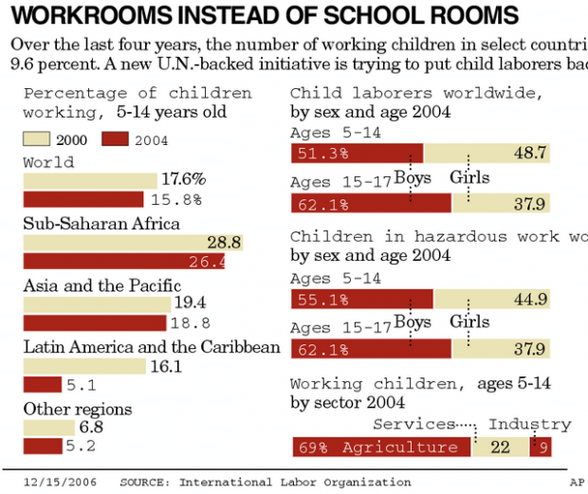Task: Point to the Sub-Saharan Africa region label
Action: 101,224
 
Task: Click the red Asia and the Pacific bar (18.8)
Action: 94,323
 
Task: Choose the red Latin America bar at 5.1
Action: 42,385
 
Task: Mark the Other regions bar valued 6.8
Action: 48,428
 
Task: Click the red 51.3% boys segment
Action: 357,154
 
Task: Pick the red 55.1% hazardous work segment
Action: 361,300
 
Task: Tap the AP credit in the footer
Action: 576,482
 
